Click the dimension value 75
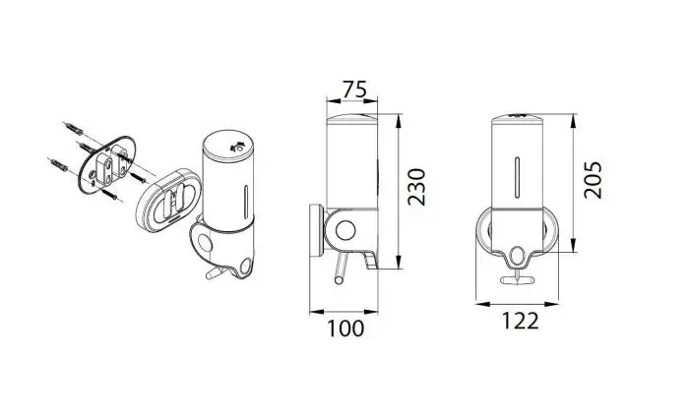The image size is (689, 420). pos(354,90)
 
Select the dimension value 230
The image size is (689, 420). pos(416,187)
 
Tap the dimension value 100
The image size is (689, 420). pos(345,329)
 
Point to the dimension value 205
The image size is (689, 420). pos(593,180)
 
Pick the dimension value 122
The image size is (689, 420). pos(520,322)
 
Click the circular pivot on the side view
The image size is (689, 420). pos(344,230)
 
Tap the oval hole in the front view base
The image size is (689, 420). pos(518,256)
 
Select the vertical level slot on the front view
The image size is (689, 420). pos(517,176)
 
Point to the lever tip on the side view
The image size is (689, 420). pos(339,280)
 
